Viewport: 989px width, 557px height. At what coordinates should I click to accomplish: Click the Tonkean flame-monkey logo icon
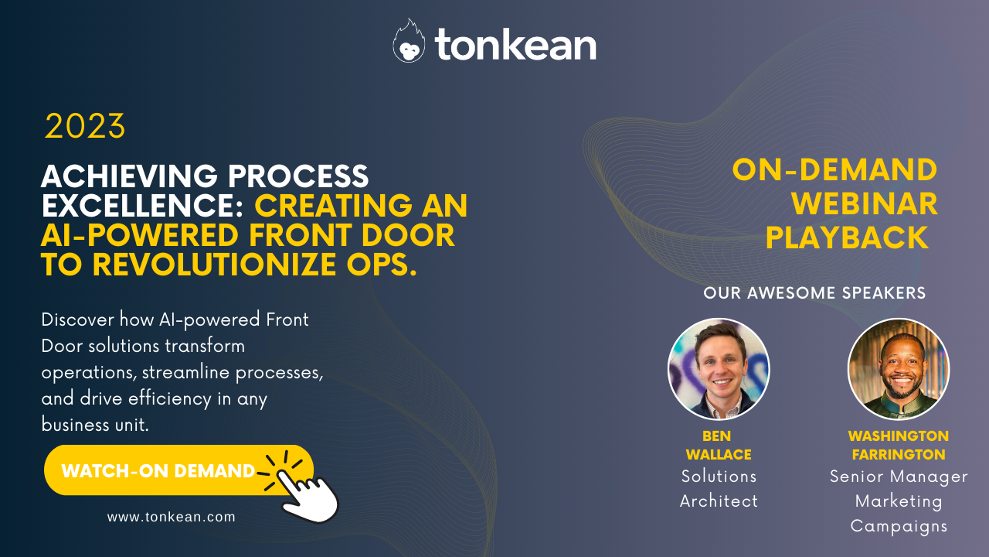point(409,42)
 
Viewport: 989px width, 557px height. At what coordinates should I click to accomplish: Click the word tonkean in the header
point(515,45)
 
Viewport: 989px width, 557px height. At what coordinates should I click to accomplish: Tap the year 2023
point(85,127)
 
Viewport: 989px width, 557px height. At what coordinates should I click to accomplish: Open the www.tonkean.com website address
point(171,517)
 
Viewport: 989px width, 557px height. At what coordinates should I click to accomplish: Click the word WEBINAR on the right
point(865,204)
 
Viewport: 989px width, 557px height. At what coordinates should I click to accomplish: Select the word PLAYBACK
point(847,238)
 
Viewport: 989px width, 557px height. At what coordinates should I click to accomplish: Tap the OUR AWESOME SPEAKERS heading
point(814,293)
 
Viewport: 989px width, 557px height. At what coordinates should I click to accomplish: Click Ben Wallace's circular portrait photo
point(719,369)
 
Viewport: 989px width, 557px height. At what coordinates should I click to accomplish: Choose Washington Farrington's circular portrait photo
point(899,369)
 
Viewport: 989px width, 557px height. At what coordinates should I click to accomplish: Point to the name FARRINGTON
point(899,455)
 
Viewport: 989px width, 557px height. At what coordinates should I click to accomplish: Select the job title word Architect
point(719,501)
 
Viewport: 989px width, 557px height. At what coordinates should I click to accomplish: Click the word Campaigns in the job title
point(899,526)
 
